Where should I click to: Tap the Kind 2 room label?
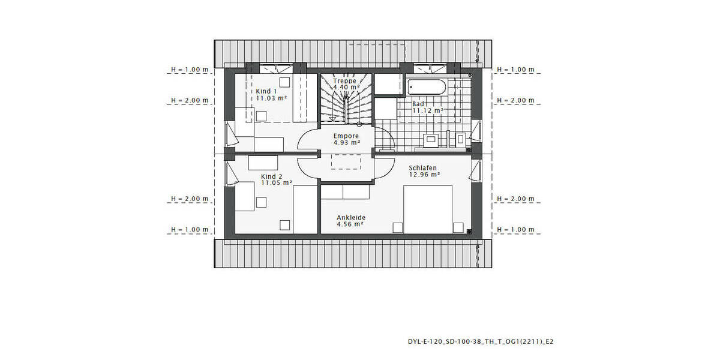271,176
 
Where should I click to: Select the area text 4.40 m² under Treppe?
346,87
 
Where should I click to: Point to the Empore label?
346,136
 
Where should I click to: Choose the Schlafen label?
422,168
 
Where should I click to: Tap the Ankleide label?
351,217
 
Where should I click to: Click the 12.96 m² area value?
425,175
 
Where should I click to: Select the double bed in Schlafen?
428,208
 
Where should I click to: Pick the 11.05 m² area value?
276,183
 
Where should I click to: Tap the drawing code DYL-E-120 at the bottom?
480,341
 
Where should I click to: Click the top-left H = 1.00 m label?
189,70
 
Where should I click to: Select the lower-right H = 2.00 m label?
515,199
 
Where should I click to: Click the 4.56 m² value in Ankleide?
351,224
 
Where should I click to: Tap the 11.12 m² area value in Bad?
427,110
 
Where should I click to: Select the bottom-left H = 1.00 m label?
189,230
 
